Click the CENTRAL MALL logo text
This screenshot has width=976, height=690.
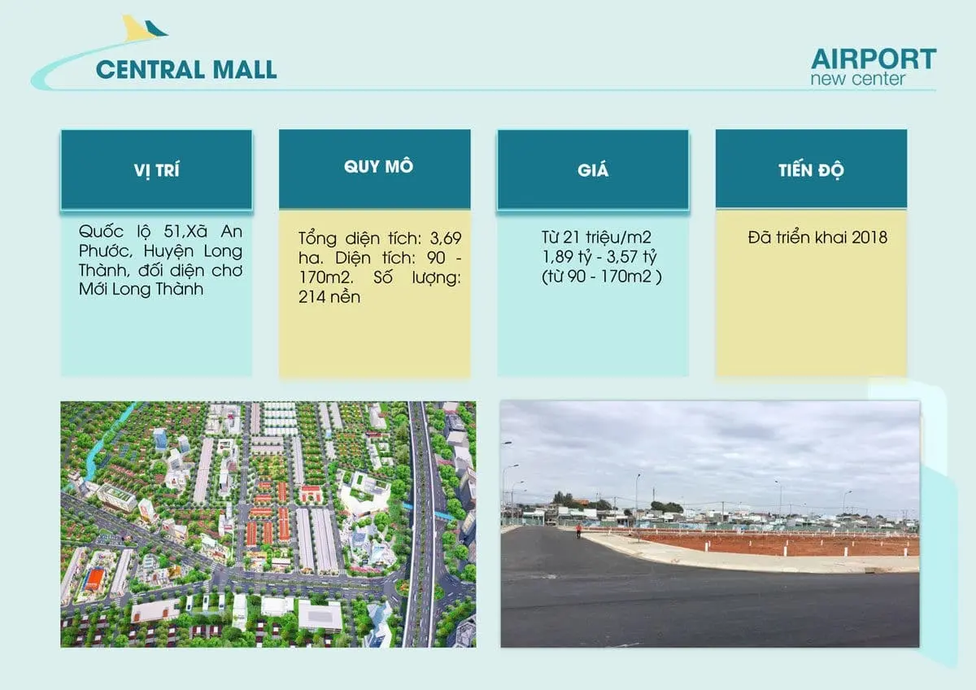(x=186, y=69)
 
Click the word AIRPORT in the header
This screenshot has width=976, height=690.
(x=874, y=59)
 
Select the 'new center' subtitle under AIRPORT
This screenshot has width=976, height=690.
(x=857, y=79)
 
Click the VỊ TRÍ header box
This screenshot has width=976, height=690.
(x=156, y=170)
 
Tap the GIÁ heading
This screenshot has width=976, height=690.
(x=593, y=170)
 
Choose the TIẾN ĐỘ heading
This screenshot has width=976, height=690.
(x=811, y=170)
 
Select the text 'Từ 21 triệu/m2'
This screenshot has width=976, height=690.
(x=596, y=238)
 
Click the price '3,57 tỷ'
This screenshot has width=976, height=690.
(x=634, y=257)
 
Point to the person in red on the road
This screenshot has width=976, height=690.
(x=578, y=531)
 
